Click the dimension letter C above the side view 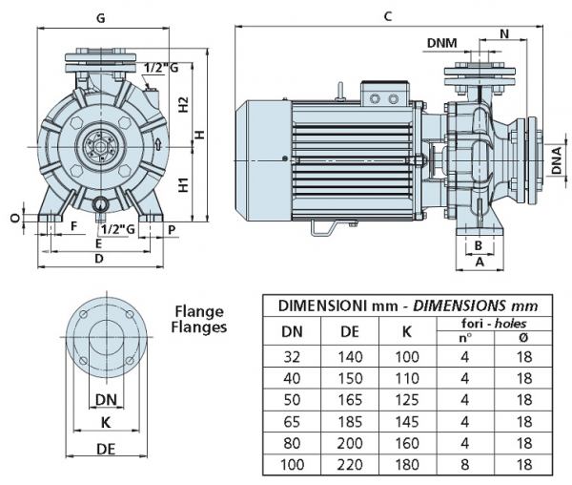pos(387,16)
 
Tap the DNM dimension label pos(440,43)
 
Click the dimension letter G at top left pos(101,17)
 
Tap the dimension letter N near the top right pos(504,33)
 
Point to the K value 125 pos(406,399)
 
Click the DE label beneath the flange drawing pos(105,448)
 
